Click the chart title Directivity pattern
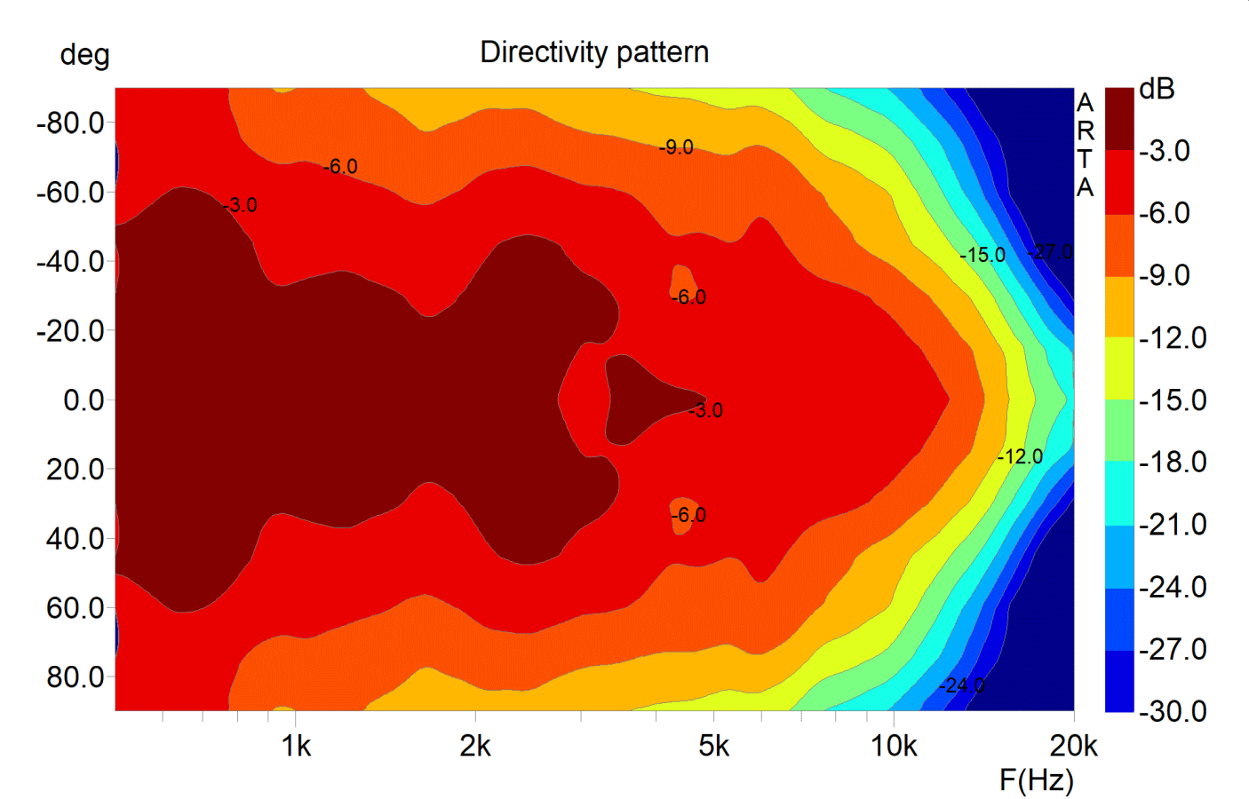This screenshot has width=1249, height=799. [x=594, y=52]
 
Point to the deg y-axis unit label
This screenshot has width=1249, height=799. [x=84, y=56]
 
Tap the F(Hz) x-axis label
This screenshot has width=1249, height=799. [x=1036, y=779]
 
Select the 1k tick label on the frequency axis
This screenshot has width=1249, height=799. [x=296, y=747]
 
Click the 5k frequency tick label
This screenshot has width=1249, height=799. [x=713, y=747]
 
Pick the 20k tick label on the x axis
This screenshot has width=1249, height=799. [x=1073, y=747]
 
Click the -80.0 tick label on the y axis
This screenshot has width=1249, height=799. [x=70, y=123]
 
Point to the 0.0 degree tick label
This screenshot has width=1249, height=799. [x=84, y=400]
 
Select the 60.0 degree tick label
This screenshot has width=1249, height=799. [x=76, y=608]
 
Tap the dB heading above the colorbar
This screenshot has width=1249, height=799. [x=1157, y=90]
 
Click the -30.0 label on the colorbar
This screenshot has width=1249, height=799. [x=1173, y=711]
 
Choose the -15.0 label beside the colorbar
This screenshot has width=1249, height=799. [x=1173, y=400]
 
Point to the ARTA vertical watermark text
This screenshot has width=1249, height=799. [x=1086, y=145]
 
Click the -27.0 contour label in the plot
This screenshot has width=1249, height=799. [x=1050, y=252]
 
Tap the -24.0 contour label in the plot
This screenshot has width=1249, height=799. [x=962, y=685]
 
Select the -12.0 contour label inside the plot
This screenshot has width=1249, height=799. [x=1020, y=457]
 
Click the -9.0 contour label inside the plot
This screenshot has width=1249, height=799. [x=676, y=147]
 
